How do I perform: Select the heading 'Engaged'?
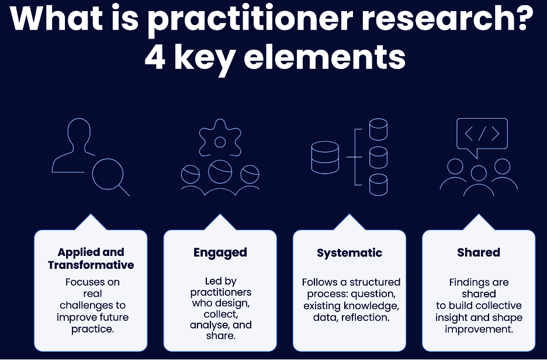click(x=220, y=252)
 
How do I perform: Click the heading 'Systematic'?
click(x=349, y=253)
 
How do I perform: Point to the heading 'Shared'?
click(x=479, y=252)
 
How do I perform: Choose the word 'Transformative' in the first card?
click(x=91, y=265)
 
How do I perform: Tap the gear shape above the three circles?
click(x=220, y=141)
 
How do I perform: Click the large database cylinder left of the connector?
click(x=326, y=157)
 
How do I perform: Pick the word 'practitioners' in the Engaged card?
click(x=221, y=292)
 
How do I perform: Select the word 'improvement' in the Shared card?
click(x=479, y=329)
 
